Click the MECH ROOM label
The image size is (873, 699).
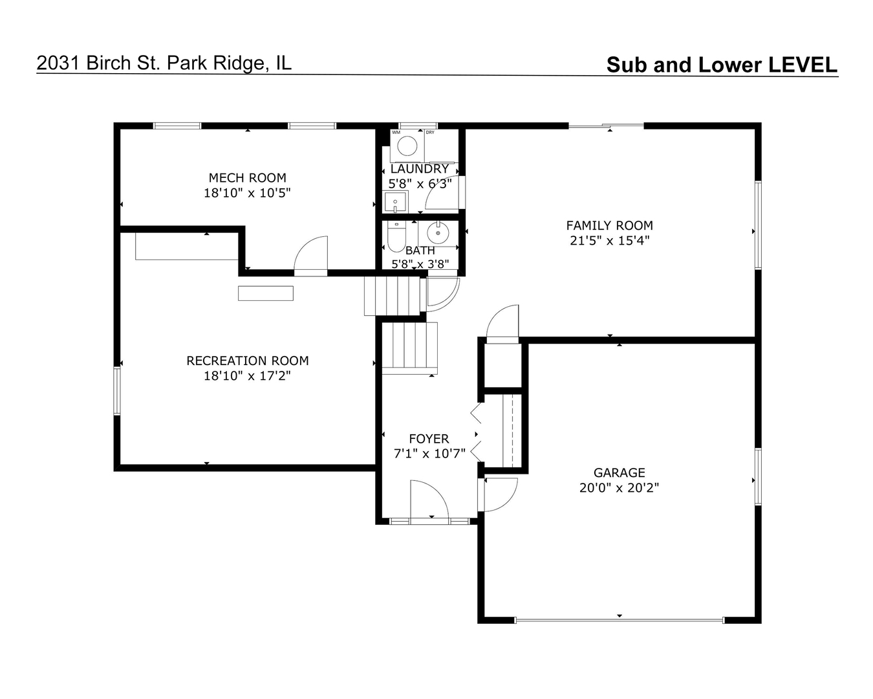[x=247, y=177]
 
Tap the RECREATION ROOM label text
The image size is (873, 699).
[x=248, y=361]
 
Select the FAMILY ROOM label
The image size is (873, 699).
[x=609, y=225]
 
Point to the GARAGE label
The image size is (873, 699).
[x=619, y=472]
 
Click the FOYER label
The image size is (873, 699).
[x=429, y=439]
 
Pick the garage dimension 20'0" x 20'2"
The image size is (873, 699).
[x=619, y=487]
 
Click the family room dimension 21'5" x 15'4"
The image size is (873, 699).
[x=609, y=241]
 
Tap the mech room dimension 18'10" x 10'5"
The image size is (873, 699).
[x=247, y=192]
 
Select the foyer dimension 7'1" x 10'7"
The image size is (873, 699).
[x=429, y=453]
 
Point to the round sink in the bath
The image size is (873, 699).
[x=438, y=233]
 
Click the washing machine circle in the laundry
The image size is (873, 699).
[x=407, y=146]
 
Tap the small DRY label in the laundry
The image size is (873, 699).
[x=430, y=133]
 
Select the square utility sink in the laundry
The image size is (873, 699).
[x=395, y=202]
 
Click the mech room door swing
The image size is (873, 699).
[x=311, y=256]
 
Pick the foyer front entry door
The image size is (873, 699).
[x=429, y=500]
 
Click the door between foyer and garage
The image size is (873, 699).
[x=500, y=494]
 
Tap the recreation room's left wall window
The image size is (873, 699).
[x=117, y=391]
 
